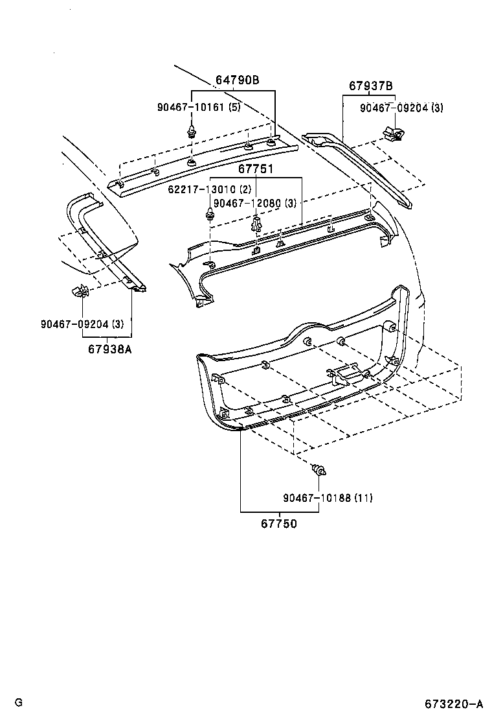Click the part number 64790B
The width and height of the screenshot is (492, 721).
coord(237,80)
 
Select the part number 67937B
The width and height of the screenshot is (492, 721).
coord(371,86)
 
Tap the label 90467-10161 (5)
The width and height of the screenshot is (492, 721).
coord(198,107)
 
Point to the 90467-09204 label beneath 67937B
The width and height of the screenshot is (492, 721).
coord(402,108)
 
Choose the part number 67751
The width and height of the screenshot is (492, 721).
coord(255,169)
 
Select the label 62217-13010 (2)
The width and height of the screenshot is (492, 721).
coord(209,189)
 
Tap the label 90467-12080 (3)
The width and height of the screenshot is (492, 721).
coord(254,203)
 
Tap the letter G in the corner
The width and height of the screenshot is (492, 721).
coord(19,703)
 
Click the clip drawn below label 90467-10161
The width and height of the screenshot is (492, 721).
coord(192,132)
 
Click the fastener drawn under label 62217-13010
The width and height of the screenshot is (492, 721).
coord(210,214)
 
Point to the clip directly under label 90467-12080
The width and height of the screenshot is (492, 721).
coord(256,224)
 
